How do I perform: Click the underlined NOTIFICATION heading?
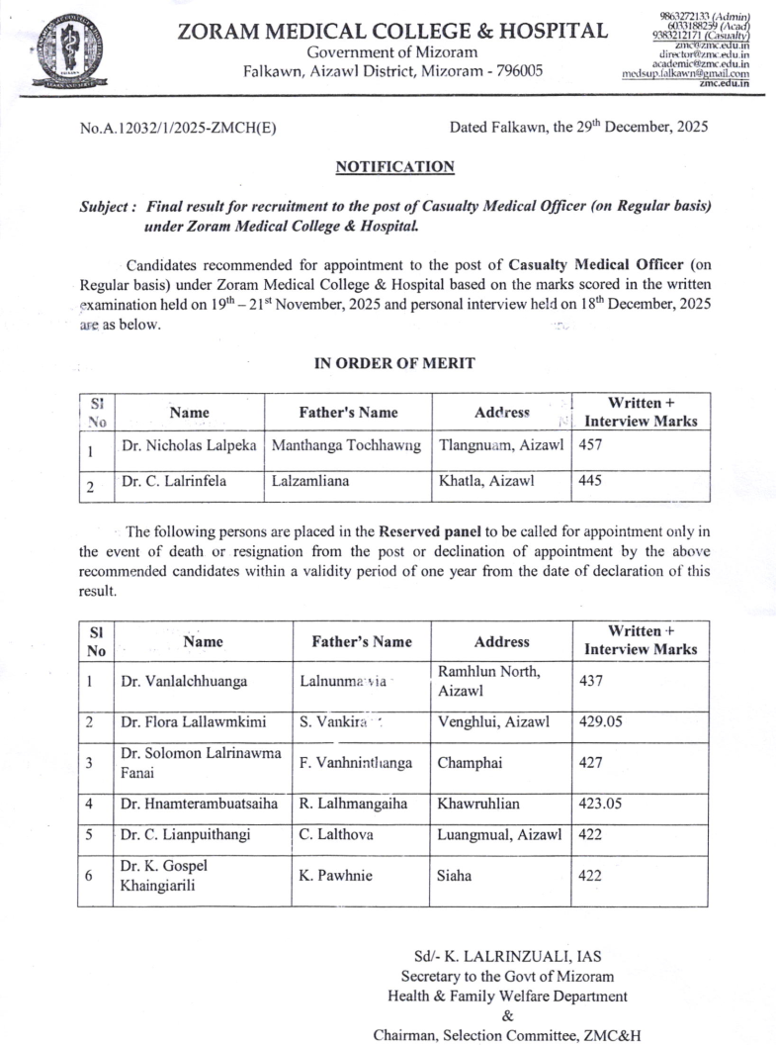point(394,166)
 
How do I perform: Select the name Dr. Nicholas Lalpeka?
point(188,446)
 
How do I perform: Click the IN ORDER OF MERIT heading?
point(394,363)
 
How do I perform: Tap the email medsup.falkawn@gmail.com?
point(685,73)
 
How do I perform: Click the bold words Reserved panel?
point(427,530)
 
